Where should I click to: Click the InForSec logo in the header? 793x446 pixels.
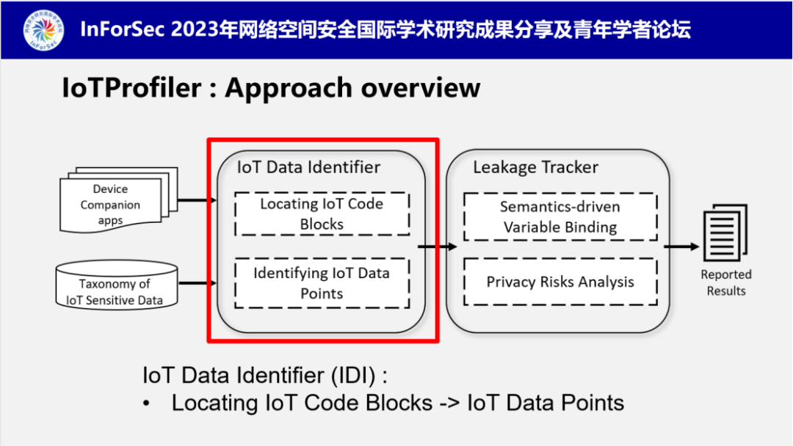[43, 29]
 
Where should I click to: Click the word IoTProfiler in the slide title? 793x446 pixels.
[131, 88]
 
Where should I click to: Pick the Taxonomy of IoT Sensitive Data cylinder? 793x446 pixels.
[116, 285]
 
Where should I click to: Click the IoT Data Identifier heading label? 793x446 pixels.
[308, 167]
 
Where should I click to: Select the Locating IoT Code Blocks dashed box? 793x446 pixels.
[322, 213]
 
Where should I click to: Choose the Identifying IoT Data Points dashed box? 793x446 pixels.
[322, 283]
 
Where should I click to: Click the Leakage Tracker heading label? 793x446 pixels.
[535, 167]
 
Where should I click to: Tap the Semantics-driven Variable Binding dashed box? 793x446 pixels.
[560, 216]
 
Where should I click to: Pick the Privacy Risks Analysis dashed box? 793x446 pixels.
[560, 282]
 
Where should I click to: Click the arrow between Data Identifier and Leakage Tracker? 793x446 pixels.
[437, 246]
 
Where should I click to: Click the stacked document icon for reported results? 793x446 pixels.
[725, 233]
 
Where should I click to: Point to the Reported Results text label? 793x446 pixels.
[725, 282]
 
